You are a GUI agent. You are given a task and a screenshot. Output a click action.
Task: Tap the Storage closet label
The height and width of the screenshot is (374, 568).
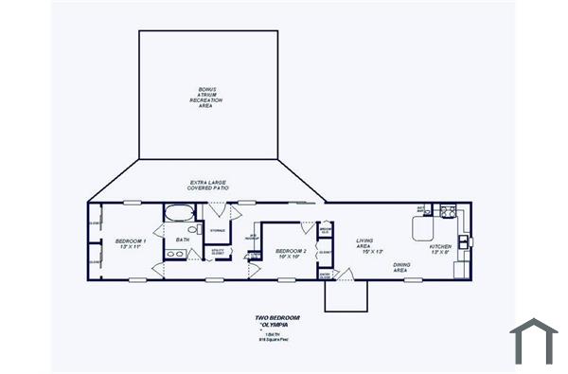[x=217, y=230]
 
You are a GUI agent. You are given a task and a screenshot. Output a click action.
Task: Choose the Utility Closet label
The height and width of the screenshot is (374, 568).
[x=218, y=252]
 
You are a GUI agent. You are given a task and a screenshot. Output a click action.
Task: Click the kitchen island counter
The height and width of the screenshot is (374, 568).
[x=422, y=228]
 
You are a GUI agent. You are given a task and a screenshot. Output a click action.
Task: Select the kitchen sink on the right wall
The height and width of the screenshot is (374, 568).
[x=463, y=242]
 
